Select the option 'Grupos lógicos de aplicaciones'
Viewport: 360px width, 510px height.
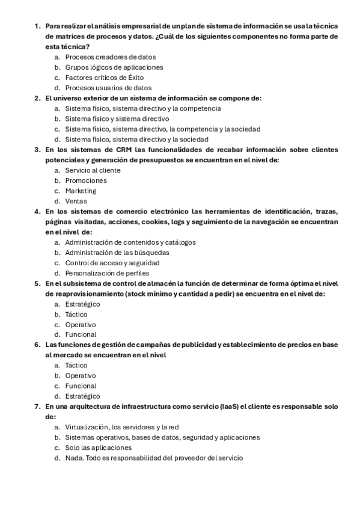pyautogui.click(x=114, y=67)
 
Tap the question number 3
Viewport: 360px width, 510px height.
pyautogui.click(x=37, y=150)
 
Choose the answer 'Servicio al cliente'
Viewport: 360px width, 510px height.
pyautogui.click(x=93, y=170)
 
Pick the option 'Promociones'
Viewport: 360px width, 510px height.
pyautogui.click(x=86, y=180)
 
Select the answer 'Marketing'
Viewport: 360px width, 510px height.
pyautogui.click(x=81, y=191)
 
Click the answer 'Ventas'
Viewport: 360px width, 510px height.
pyautogui.click(x=76, y=201)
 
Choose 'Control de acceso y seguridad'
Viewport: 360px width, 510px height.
pyautogui.click(x=112, y=263)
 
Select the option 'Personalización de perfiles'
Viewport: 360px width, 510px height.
pyautogui.click(x=107, y=273)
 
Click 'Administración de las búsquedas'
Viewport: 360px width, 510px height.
pyautogui.click(x=117, y=253)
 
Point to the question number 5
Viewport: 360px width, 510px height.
pyautogui.click(x=37, y=283)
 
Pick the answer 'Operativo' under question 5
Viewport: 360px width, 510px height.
pyautogui.click(x=81, y=324)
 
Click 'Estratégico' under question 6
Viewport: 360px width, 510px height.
pyautogui.click(x=82, y=396)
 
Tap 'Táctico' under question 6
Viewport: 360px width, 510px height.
pyautogui.click(x=76, y=365)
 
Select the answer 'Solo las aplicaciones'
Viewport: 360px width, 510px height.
pyautogui.click(x=98, y=448)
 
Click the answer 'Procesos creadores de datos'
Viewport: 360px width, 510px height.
pyautogui.click(x=106, y=57)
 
